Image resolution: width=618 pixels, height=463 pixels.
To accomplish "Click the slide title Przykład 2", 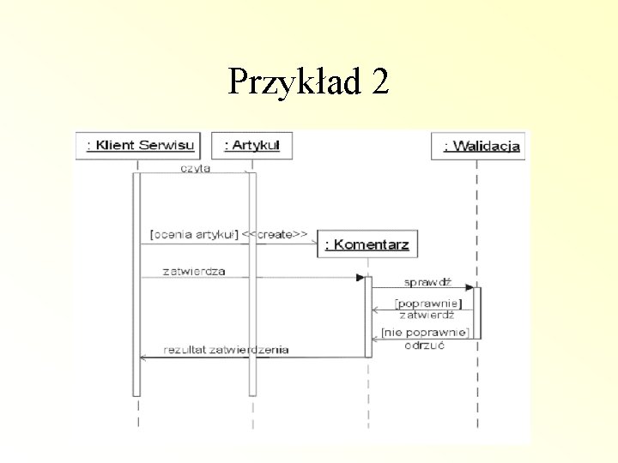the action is tap(308, 82).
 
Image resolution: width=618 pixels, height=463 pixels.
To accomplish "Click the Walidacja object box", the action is tap(476, 147).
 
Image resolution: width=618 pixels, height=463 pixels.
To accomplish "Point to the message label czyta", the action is tap(195, 168).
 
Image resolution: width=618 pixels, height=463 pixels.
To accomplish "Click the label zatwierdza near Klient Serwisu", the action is tap(194, 271).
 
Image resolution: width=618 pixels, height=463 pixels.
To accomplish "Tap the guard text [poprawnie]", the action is tap(427, 304).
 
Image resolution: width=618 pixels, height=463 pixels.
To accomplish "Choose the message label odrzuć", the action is tap(424, 345).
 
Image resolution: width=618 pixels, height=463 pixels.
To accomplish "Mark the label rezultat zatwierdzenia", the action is tap(227, 349).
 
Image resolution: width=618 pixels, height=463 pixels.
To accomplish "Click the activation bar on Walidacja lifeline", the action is tap(476, 312).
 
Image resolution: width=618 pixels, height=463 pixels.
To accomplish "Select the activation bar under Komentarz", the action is tap(368, 316).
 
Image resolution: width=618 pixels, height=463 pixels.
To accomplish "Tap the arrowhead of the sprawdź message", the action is tap(470, 287).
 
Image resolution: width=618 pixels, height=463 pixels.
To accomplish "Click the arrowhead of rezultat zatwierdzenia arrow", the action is tap(143, 357).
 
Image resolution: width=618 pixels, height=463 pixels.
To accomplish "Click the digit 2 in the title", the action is tap(380, 82).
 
